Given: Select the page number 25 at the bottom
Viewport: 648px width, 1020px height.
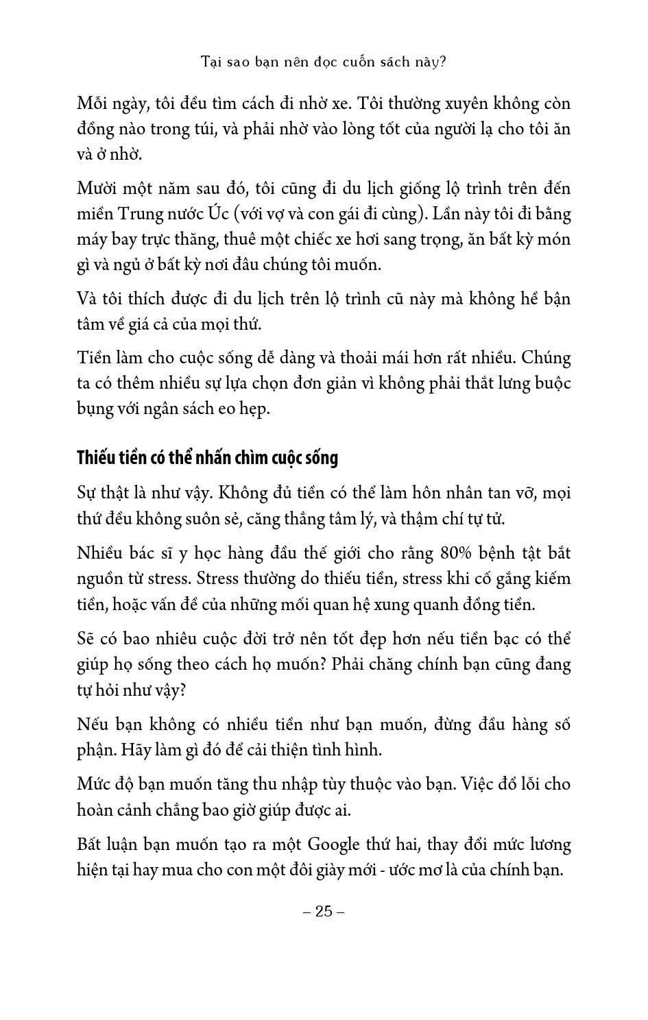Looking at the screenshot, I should pyautogui.click(x=324, y=911).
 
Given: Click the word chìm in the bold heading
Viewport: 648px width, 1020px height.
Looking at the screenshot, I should pyautogui.click(x=259, y=458).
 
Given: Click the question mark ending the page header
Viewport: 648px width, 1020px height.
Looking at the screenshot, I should pyautogui.click(x=442, y=62).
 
